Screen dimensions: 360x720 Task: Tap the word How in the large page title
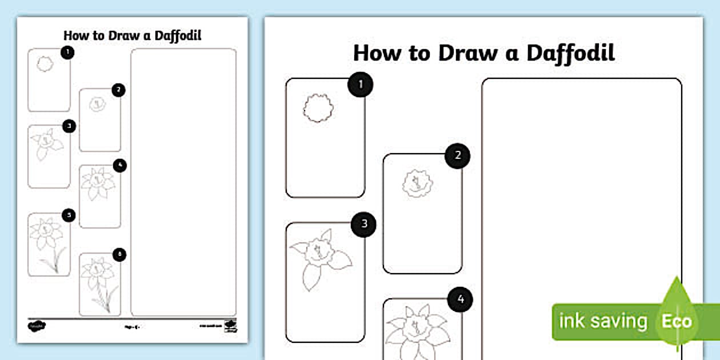(x=375, y=53)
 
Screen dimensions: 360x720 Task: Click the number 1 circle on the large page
(x=361, y=85)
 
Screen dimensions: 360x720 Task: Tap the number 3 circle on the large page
(x=364, y=224)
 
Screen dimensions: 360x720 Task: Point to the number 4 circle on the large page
(x=461, y=299)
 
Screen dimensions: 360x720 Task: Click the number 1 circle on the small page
(x=67, y=53)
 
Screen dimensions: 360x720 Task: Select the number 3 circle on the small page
(x=69, y=126)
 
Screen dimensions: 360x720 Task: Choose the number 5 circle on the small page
(x=69, y=215)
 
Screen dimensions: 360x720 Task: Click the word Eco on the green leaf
(x=677, y=321)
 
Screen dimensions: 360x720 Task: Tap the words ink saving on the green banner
(x=603, y=322)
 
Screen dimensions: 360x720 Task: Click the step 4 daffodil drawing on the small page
(x=98, y=183)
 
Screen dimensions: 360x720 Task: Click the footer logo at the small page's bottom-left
(x=37, y=326)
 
